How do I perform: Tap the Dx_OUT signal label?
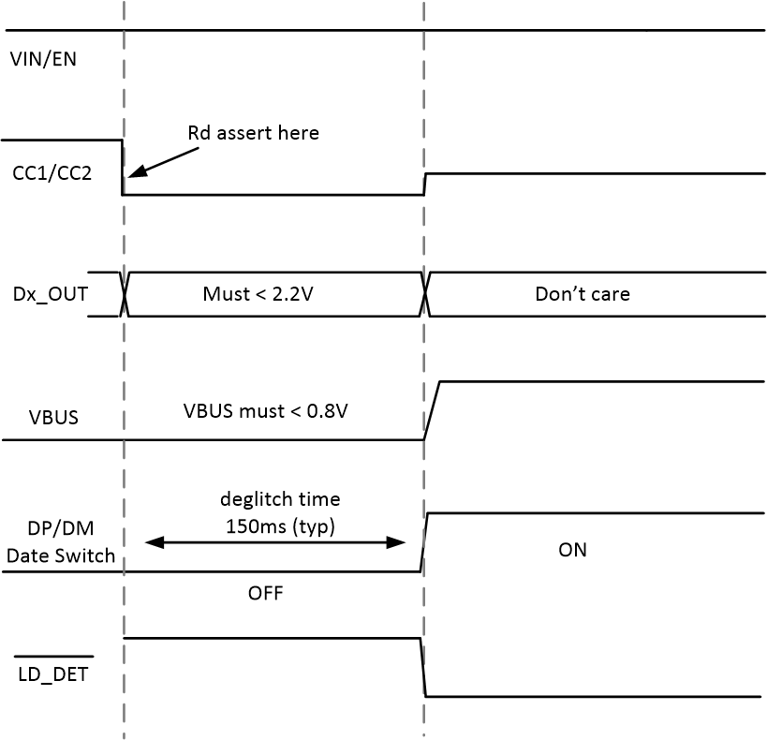48,294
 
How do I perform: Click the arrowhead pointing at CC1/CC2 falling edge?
132,172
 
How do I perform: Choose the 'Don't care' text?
582,294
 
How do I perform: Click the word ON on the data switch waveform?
572,550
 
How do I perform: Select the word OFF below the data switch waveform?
265,594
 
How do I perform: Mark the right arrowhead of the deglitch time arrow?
398,542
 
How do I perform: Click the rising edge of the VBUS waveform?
432,410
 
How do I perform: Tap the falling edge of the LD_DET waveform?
422,667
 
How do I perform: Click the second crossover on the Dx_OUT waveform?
426,295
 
